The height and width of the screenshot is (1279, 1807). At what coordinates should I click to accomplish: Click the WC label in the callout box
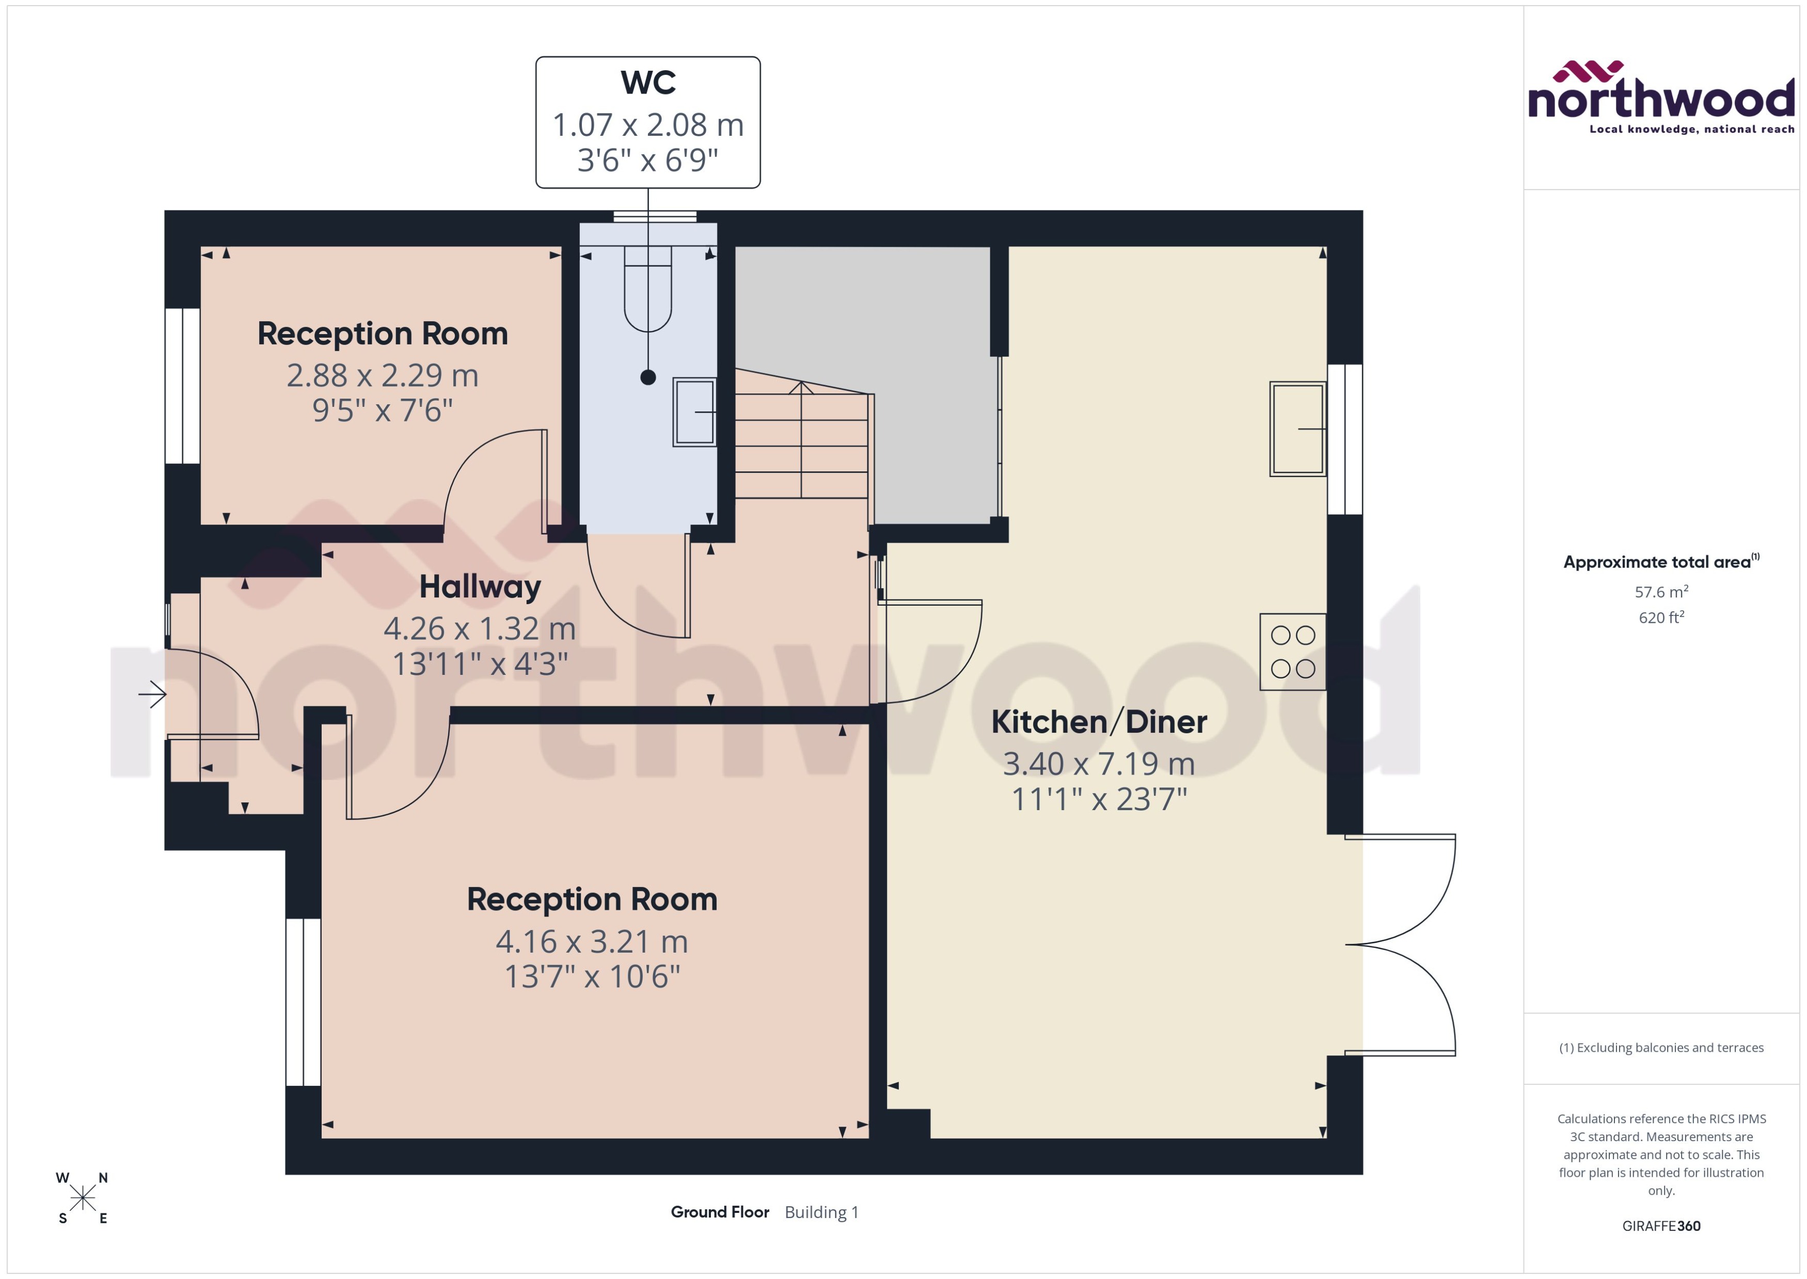pyautogui.click(x=647, y=83)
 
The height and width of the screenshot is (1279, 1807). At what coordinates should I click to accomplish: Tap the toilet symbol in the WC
pyautogui.click(x=647, y=290)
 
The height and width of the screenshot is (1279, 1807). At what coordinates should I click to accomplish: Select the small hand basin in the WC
pyautogui.click(x=694, y=412)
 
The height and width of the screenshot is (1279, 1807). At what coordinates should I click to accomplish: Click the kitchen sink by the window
pyautogui.click(x=1297, y=429)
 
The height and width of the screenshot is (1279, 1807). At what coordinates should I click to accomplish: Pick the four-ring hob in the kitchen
pyautogui.click(x=1292, y=651)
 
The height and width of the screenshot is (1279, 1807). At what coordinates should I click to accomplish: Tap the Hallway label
pyautogui.click(x=480, y=587)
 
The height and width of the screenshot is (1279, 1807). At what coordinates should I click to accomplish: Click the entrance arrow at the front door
pyautogui.click(x=152, y=694)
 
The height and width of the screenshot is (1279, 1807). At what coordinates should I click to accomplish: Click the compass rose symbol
pyautogui.click(x=82, y=1198)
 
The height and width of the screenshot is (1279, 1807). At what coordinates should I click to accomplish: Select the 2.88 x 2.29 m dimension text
pyautogui.click(x=382, y=375)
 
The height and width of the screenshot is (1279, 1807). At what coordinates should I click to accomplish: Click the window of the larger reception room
pyautogui.click(x=303, y=1002)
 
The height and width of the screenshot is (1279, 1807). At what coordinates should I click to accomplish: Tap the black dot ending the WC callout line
pyautogui.click(x=647, y=377)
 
